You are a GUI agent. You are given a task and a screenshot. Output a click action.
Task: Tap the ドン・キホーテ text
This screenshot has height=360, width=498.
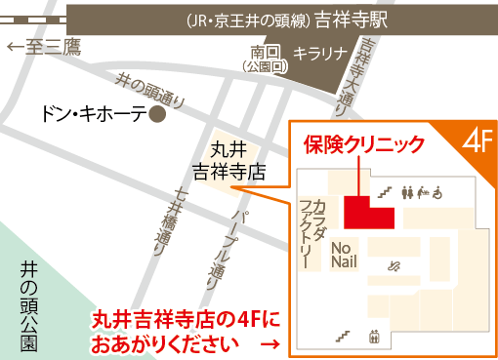[x=94, y=114]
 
